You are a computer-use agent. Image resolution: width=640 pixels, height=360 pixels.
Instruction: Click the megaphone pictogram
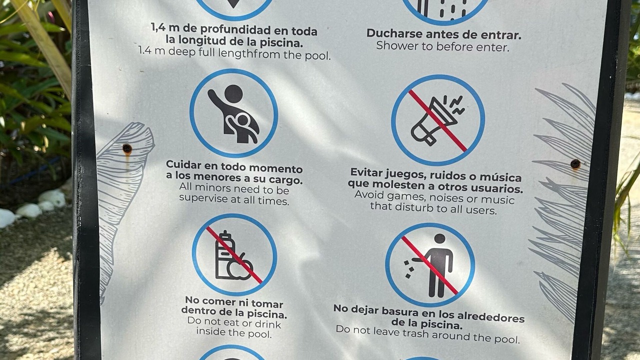(x=437, y=120)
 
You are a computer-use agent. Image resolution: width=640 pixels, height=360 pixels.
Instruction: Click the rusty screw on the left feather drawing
(x=127, y=149)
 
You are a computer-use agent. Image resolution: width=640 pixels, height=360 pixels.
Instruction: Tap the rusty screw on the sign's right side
(x=575, y=163)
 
